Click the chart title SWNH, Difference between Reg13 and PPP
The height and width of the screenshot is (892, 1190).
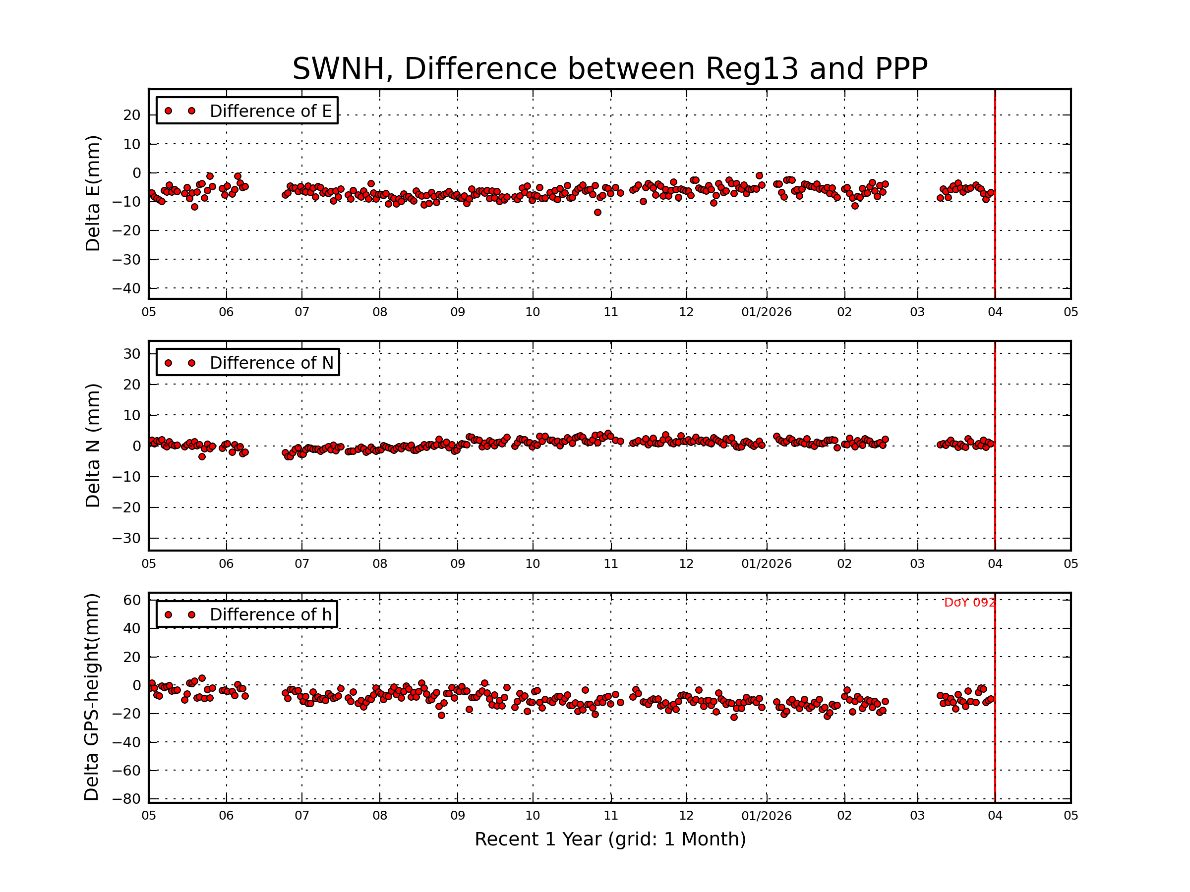609,69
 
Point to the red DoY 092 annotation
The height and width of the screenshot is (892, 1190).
969,603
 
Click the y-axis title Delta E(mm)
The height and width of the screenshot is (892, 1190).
93,193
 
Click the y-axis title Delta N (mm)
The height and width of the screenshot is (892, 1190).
93,445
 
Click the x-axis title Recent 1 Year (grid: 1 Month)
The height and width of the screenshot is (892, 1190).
609,839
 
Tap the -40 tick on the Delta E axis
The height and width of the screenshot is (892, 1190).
126,289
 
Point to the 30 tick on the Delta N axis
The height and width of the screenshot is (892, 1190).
132,354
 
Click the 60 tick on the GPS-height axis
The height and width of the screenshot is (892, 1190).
132,600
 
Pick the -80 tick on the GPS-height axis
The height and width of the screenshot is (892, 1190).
126,799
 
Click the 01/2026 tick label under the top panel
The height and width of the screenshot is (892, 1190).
766,312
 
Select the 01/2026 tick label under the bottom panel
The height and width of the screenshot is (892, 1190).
766,816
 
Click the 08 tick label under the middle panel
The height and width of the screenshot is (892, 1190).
380,564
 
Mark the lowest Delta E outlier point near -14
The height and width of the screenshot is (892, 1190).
597,213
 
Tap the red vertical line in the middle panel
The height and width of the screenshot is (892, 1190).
995,484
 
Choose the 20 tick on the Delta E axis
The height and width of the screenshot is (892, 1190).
132,115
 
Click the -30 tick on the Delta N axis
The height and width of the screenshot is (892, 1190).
126,538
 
